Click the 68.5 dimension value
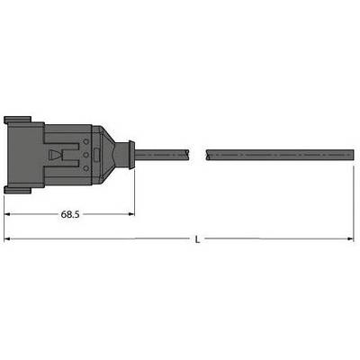coord(70,214)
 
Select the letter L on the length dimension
coord(197,239)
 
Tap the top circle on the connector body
coord(86,141)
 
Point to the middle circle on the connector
coord(86,155)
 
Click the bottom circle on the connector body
coord(86,168)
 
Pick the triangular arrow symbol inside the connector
coord(57,155)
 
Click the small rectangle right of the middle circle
coord(96,156)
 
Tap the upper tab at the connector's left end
coord(17,120)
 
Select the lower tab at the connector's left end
coord(17,190)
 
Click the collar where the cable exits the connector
coord(130,155)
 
